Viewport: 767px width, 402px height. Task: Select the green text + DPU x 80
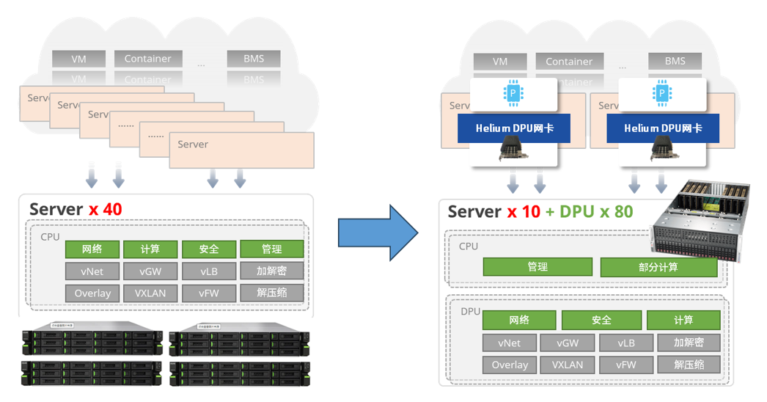point(589,212)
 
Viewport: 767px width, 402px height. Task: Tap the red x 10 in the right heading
point(523,212)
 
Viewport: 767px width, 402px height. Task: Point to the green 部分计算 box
point(658,267)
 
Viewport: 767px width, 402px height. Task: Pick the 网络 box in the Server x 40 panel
point(92,249)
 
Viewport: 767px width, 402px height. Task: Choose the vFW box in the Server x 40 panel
point(209,293)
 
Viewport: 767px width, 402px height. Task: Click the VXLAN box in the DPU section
point(567,365)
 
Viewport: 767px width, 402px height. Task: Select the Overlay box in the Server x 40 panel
point(92,293)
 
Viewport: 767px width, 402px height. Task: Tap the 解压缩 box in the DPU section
point(688,365)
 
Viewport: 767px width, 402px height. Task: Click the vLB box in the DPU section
point(625,343)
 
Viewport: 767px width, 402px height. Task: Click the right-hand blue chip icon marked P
point(662,94)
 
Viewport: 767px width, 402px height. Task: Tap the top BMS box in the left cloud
point(254,59)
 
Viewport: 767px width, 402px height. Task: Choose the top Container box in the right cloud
point(569,62)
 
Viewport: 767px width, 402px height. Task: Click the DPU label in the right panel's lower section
point(471,311)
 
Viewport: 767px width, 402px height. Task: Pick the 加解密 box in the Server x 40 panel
point(271,271)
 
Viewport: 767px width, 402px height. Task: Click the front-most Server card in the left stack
point(241,150)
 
